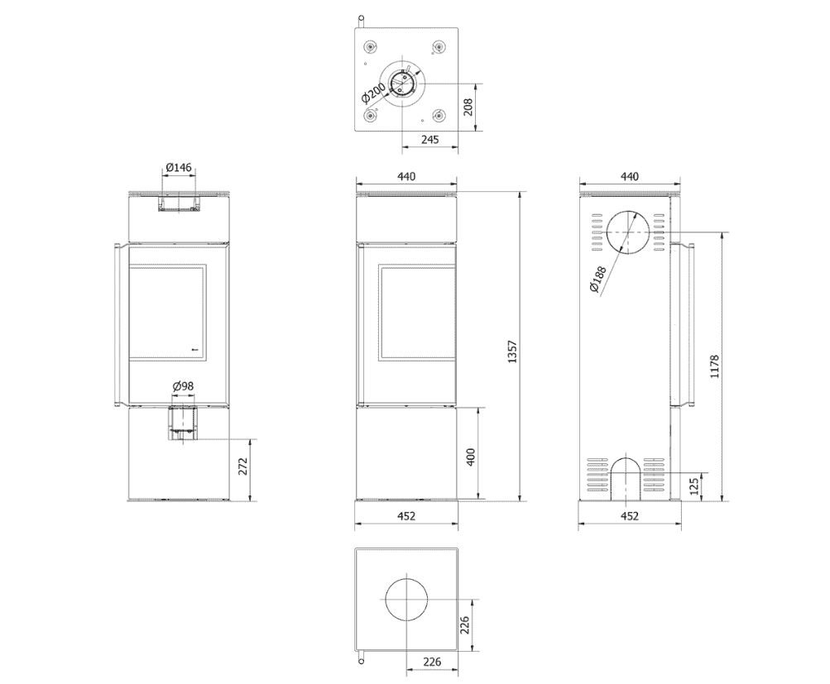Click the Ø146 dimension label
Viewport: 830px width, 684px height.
(179, 168)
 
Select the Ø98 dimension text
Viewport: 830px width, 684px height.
(183, 386)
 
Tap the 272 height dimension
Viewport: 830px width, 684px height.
(242, 469)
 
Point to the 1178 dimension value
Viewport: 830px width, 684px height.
(715, 367)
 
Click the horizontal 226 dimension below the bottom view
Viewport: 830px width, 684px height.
(430, 661)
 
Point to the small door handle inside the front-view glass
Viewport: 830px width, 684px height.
(194, 349)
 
